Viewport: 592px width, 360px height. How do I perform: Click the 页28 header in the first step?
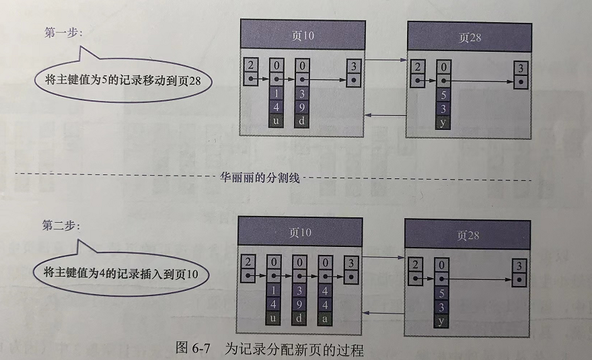click(469, 37)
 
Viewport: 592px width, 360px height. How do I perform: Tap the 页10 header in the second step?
click(300, 232)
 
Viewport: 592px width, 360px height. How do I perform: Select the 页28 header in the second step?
click(468, 235)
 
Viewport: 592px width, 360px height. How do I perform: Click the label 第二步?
click(60, 225)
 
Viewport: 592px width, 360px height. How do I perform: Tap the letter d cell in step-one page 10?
click(303, 120)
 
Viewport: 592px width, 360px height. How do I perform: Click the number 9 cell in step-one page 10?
click(303, 107)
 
